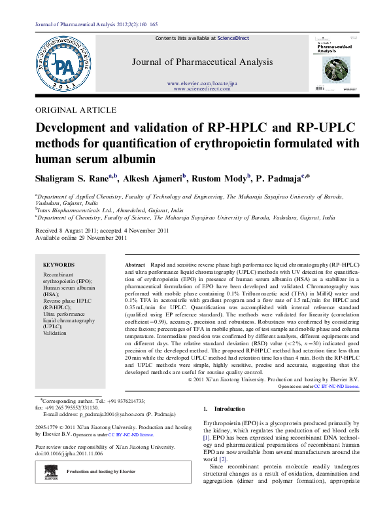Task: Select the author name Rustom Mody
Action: pos(220,178)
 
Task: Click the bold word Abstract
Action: pos(135,263)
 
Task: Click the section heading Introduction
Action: pos(230,409)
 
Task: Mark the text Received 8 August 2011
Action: pos(64,231)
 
